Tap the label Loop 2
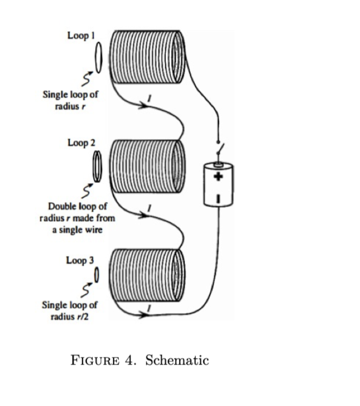pyautogui.click(x=81, y=143)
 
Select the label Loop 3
pyautogui.click(x=80, y=261)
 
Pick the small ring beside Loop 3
pyautogui.click(x=96, y=274)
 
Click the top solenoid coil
pyautogui.click(x=148, y=57)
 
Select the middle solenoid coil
pyautogui.click(x=148, y=166)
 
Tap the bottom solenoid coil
pyautogui.click(x=148, y=276)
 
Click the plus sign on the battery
pyautogui.click(x=218, y=177)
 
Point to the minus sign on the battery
pyautogui.click(x=218, y=198)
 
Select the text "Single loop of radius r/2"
pyautogui.click(x=70, y=310)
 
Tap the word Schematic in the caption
pyautogui.click(x=177, y=361)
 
